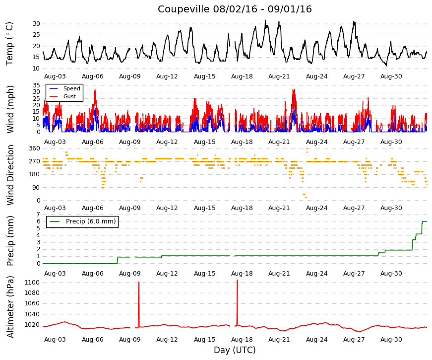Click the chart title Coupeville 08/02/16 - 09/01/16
235,9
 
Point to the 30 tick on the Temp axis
36,24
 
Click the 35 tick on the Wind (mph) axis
36,85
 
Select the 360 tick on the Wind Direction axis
34,148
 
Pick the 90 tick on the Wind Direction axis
36,188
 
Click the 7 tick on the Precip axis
38,215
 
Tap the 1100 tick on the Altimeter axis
32,283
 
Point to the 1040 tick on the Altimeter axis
32,314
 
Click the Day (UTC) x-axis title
235,350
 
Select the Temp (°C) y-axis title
9,44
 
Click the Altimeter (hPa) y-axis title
10,307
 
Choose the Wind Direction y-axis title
10,175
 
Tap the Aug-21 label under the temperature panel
279,76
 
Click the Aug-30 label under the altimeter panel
391,340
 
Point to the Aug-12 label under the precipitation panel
167,274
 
